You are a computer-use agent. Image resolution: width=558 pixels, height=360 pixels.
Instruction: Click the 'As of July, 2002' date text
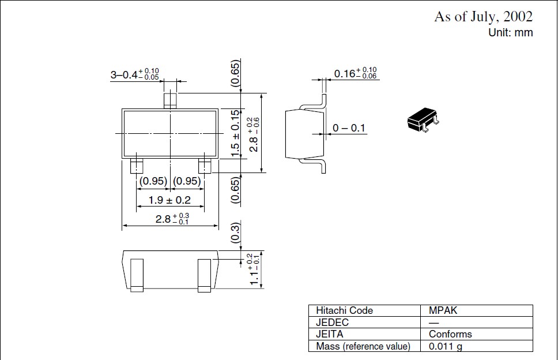483,17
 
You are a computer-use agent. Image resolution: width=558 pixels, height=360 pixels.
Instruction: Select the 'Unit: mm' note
511,32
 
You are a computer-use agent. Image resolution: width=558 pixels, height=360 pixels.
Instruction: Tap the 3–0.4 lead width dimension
134,74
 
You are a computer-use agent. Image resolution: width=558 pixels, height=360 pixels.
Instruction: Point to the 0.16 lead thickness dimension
355,73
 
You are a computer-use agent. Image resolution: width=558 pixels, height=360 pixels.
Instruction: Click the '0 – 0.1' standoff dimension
349,128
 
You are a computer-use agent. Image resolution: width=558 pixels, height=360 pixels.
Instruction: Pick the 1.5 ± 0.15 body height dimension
235,133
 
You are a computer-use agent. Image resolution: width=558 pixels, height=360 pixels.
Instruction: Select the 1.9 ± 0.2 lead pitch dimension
169,200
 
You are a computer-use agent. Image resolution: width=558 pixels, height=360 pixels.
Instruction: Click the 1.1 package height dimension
254,269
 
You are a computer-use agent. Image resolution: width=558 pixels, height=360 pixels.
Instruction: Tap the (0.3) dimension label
236,233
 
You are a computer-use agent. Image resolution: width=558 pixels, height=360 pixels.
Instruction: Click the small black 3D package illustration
423,119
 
